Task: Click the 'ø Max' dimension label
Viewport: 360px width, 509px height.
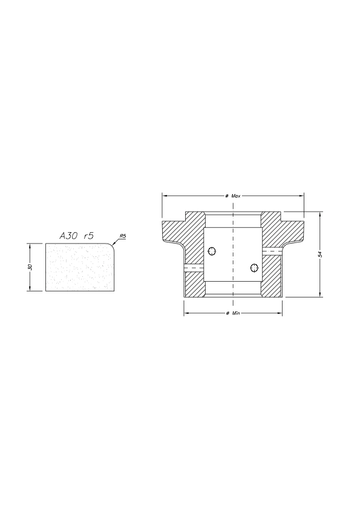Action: click(x=233, y=194)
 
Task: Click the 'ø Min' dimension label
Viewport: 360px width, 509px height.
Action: click(x=233, y=313)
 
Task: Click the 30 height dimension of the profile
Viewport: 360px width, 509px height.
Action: click(x=31, y=267)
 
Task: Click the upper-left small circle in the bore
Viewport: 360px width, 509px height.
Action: click(x=212, y=251)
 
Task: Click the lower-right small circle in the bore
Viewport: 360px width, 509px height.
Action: click(x=251, y=267)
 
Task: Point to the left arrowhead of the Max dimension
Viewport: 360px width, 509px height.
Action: click(x=165, y=194)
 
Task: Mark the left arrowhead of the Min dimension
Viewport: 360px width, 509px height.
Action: click(x=185, y=313)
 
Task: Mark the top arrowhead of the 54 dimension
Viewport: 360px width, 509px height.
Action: click(x=319, y=213)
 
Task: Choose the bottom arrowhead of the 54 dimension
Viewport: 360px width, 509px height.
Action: click(x=319, y=295)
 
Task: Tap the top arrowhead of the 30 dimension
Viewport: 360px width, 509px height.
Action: click(x=31, y=245)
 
